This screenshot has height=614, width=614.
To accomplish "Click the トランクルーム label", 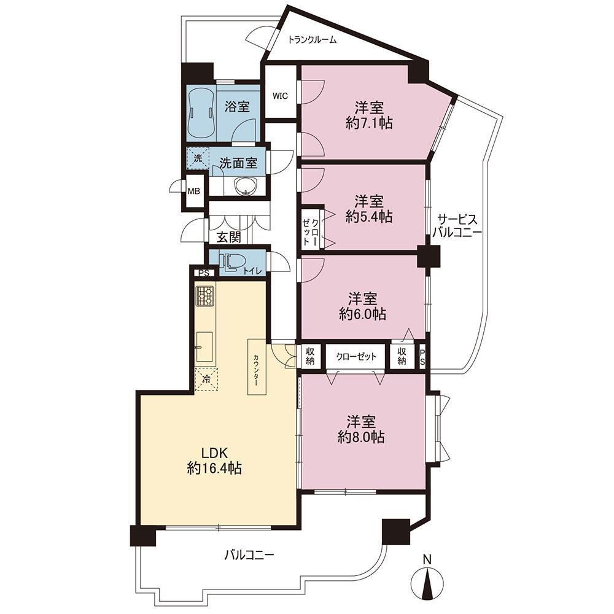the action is point(312,39).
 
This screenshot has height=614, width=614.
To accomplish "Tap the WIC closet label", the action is point(280,96).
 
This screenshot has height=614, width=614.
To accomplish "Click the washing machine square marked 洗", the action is point(198,158).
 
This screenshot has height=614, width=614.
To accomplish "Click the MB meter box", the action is point(194,192).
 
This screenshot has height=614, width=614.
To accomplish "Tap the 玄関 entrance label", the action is point(229,237).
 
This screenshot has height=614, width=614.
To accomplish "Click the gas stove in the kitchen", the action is point(205,297).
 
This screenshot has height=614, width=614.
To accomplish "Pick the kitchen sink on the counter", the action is point(204,346).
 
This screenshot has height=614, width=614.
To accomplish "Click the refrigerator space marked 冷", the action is point(206,379).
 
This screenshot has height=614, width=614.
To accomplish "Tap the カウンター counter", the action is point(256,367).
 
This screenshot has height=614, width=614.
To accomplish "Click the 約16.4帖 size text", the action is point(214,468).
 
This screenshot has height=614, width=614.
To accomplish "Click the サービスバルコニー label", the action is point(457,226).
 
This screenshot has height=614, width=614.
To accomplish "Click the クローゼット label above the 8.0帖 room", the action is point(356,357).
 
